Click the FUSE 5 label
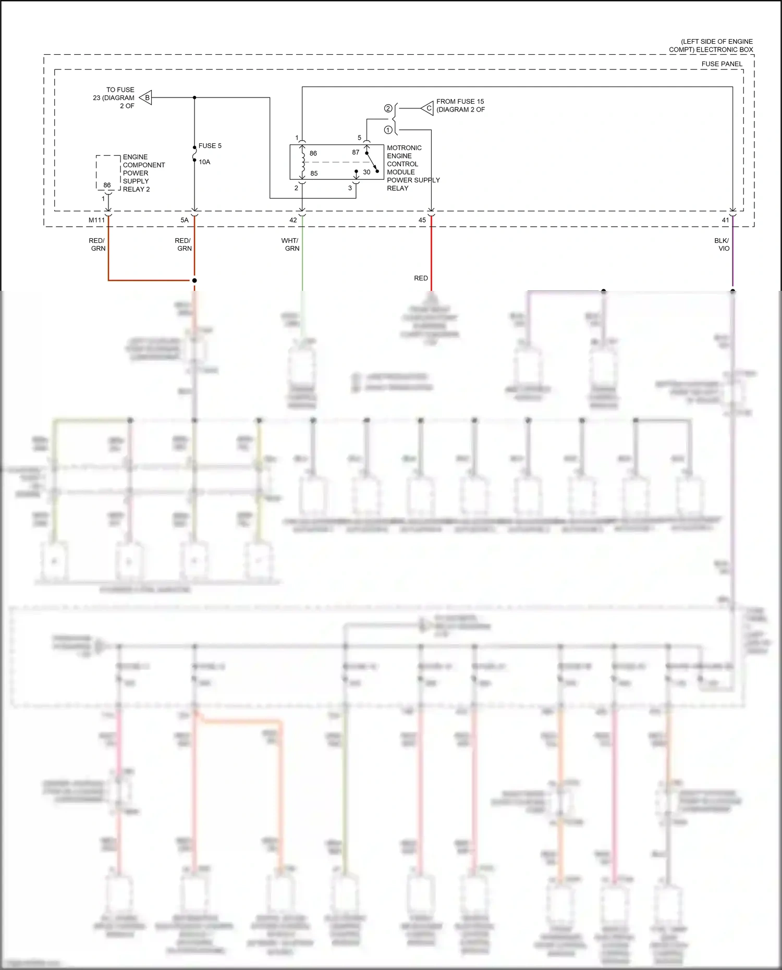(x=210, y=146)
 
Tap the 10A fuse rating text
(x=204, y=162)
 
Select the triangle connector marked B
(x=146, y=97)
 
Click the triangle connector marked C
(x=428, y=108)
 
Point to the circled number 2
(x=388, y=108)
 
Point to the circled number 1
(x=388, y=130)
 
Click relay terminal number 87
(x=356, y=153)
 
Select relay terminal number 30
(x=366, y=172)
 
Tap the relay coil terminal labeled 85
(x=314, y=174)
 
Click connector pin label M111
(x=96, y=220)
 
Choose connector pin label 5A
(x=185, y=220)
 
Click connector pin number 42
(x=293, y=220)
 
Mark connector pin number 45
(x=422, y=220)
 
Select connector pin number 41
(x=725, y=220)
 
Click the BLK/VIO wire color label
(x=722, y=244)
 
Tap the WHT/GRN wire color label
(x=290, y=244)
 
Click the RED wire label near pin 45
(x=421, y=278)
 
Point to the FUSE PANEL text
(x=722, y=64)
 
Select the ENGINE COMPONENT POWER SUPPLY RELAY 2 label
(x=143, y=173)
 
